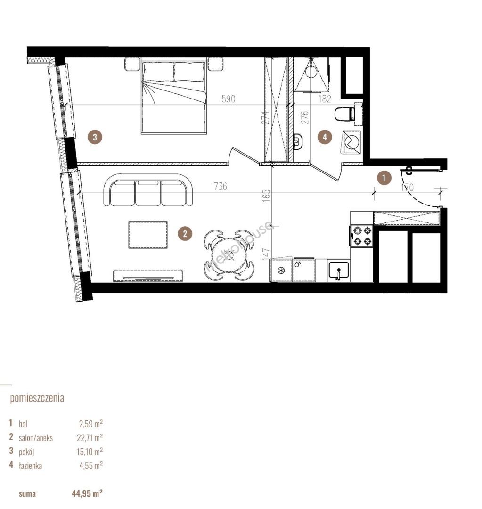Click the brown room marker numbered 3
tap(95, 137)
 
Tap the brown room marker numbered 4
tap(325, 137)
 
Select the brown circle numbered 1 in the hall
tap(384, 178)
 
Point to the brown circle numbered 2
tap(185, 234)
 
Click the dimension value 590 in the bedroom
tap(228, 99)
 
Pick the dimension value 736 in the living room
tap(221, 186)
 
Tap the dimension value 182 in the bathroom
tap(325, 99)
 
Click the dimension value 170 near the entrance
tap(407, 187)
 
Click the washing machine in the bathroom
tap(351, 142)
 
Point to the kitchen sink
tap(338, 271)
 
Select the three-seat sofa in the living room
tap(148, 190)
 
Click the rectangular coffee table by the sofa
tap(148, 235)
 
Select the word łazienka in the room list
tap(30, 466)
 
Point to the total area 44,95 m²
tap(87, 494)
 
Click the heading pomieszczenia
tap(37, 398)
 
